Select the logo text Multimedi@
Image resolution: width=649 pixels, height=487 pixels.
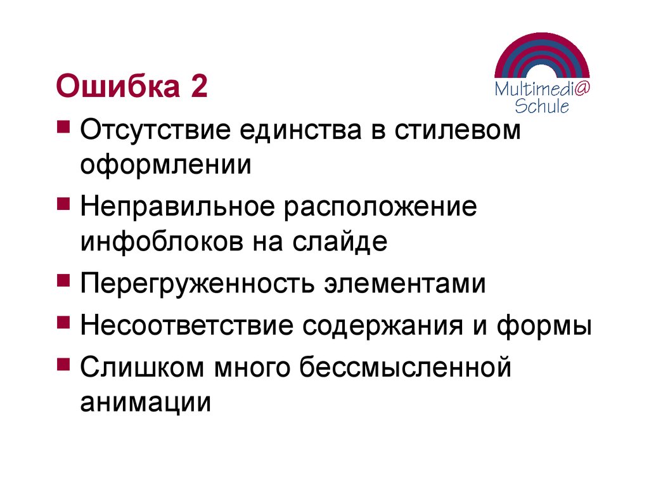(x=543, y=89)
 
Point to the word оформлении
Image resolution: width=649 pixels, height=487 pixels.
(x=166, y=166)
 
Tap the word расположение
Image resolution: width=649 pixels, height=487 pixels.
(x=380, y=208)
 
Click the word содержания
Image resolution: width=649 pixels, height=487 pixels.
(x=392, y=326)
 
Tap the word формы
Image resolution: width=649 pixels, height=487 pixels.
(x=545, y=327)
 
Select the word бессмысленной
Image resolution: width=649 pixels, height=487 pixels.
(x=405, y=368)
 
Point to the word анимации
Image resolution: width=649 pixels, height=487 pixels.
(x=145, y=402)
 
